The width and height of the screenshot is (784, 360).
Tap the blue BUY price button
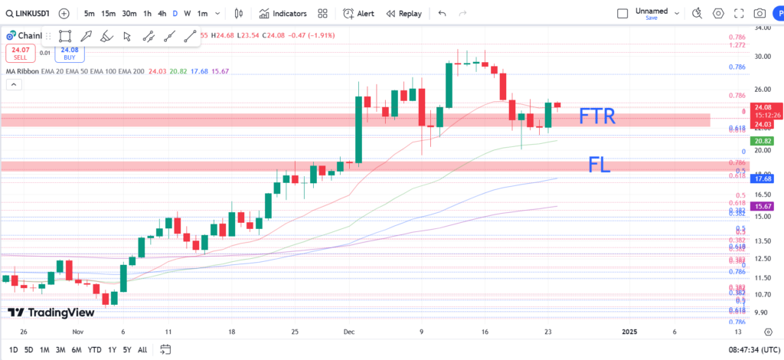point(70,53)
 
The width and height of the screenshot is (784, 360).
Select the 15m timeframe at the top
point(109,14)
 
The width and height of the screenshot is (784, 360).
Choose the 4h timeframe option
point(162,14)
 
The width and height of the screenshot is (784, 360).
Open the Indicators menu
point(283,14)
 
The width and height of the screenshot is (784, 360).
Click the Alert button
point(358,14)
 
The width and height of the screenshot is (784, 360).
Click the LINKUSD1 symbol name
point(27,14)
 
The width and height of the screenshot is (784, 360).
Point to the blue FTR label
point(597,117)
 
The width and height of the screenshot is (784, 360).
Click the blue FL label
point(599,164)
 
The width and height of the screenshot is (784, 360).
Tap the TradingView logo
point(47,313)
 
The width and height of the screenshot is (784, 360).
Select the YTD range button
point(95,349)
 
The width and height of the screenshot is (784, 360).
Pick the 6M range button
point(76,349)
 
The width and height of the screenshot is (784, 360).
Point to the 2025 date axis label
point(629,332)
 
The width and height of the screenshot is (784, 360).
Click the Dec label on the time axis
point(349,332)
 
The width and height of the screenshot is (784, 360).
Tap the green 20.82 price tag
point(762,142)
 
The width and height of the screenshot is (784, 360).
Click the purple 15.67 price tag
point(762,206)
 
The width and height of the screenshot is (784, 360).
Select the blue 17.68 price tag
point(762,178)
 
